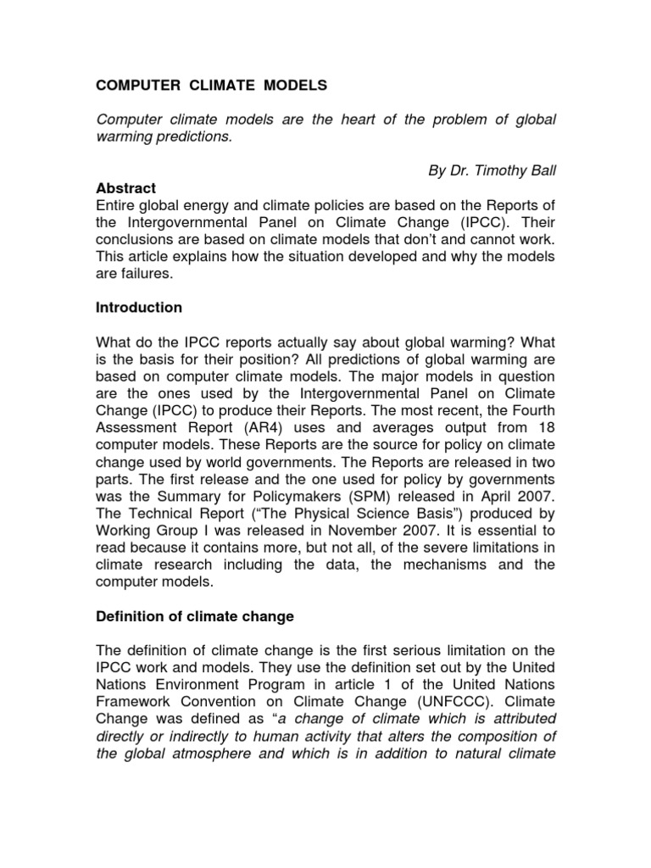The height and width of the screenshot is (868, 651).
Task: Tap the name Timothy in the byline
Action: click(501, 171)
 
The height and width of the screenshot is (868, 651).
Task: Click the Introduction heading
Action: click(138, 307)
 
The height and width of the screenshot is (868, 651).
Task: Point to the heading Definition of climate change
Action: click(194, 617)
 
